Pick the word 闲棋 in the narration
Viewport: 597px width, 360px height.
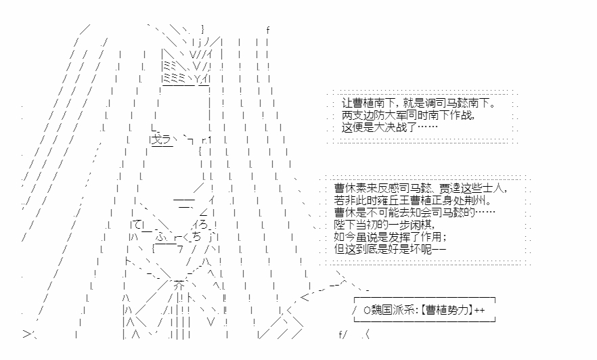[x=416, y=225]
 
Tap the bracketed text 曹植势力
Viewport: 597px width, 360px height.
[x=447, y=310]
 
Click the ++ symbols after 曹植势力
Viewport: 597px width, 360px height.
[x=480, y=310]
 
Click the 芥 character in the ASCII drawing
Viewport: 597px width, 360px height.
[x=179, y=286]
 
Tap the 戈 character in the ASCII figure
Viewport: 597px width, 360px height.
[x=157, y=139]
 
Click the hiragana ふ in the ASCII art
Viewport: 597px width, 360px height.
[x=160, y=237]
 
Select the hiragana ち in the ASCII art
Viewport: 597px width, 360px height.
[x=196, y=237]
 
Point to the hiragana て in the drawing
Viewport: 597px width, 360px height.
[x=137, y=225]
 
